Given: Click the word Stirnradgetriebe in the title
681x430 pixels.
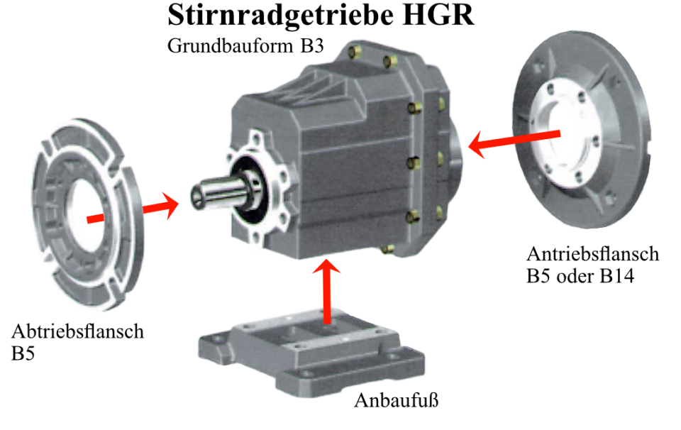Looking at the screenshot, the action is tap(281, 16).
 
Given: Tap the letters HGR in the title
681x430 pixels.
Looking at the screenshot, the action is tap(438, 15).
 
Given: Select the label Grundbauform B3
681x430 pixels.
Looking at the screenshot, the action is tap(245, 46).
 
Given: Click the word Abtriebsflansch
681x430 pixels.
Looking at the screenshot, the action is tap(78, 331).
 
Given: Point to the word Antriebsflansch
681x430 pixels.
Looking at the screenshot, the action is tap(592, 254).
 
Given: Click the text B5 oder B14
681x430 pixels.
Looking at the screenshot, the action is tap(580, 276).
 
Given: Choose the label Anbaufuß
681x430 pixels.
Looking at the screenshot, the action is tap(397, 400).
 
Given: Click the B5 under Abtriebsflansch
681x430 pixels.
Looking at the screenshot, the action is tap(23, 353).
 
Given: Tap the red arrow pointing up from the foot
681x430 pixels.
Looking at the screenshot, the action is tap(326, 291).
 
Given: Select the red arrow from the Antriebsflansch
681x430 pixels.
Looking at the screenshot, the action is tap(514, 140).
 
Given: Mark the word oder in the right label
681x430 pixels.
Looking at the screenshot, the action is tap(575, 276).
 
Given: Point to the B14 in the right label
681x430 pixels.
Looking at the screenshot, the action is tap(616, 276).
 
